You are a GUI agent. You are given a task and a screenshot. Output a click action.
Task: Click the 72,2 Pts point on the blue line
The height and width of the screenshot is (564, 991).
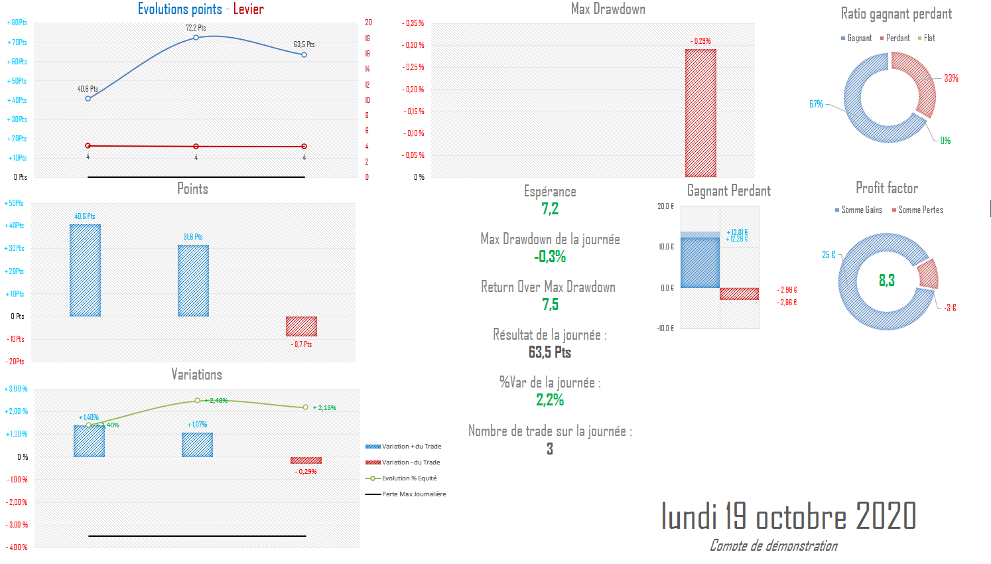tap(196, 37)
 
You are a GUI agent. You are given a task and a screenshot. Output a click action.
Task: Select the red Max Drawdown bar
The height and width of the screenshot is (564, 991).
tap(700, 113)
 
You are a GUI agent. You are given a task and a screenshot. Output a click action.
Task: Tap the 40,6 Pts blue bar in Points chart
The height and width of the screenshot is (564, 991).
tap(85, 270)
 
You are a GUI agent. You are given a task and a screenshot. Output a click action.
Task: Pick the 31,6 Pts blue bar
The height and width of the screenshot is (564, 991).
tap(193, 281)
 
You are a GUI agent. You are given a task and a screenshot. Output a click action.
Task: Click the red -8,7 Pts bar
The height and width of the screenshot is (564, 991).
tap(301, 326)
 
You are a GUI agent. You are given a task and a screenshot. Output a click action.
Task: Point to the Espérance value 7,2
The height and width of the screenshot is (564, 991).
tap(550, 209)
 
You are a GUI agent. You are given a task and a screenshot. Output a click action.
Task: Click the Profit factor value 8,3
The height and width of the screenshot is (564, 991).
tap(887, 281)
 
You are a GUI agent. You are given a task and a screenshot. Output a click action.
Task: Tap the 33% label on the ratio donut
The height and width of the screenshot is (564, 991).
tap(951, 78)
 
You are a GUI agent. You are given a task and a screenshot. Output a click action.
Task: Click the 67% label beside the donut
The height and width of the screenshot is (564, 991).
tap(816, 104)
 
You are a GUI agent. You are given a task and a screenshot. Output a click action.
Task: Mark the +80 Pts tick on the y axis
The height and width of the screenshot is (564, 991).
tap(17, 23)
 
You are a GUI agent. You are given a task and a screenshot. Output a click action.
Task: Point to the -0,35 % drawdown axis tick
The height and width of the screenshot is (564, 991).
tap(413, 23)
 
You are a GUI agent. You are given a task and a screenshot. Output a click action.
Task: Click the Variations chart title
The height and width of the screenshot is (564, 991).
tap(196, 374)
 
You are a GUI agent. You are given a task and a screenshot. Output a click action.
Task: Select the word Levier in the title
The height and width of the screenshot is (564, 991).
tap(248, 9)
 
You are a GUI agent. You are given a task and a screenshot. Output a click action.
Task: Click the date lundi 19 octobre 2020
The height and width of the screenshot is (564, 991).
tap(788, 516)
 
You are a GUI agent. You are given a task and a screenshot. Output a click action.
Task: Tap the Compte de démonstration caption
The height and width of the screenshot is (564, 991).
tap(773, 545)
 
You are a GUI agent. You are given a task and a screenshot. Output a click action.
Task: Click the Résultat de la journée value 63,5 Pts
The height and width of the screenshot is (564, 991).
tap(550, 352)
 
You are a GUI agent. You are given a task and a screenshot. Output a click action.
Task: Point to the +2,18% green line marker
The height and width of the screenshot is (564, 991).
tap(306, 407)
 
